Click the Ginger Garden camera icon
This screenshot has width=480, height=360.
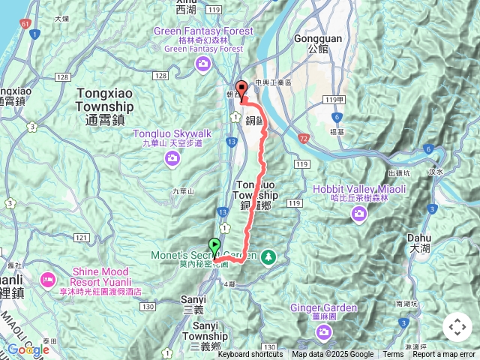(x=323, y=331)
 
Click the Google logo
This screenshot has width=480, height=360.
(x=28, y=349)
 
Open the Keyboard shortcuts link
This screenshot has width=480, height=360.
(x=250, y=355)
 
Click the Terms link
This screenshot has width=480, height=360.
(x=393, y=355)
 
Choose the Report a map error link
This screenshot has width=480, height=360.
(x=444, y=355)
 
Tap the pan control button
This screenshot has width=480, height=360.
(x=457, y=328)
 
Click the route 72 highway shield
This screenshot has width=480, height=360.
(x=303, y=139)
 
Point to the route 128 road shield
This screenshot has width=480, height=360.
(x=160, y=76)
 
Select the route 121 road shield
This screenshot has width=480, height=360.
(x=81, y=238)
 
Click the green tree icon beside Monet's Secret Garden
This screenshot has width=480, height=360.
(x=268, y=257)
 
